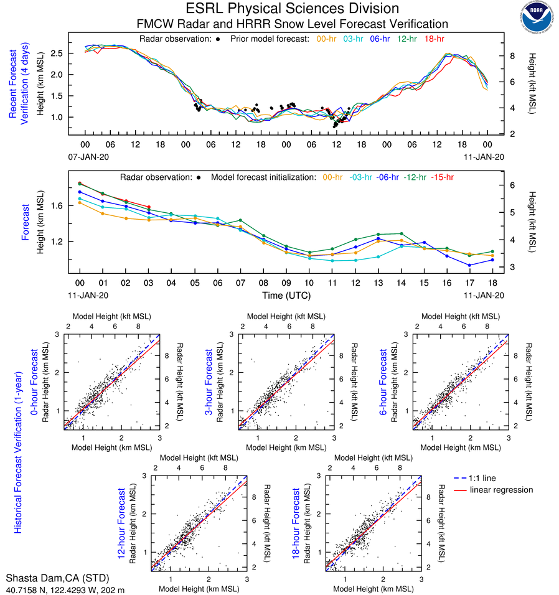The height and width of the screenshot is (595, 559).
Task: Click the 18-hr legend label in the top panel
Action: (x=434, y=39)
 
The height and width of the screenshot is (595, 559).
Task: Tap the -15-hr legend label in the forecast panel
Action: (x=443, y=177)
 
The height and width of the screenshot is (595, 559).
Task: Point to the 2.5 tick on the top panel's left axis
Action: (x=58, y=54)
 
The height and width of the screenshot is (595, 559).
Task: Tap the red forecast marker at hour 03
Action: (x=149, y=207)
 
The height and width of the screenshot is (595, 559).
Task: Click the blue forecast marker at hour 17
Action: (x=469, y=265)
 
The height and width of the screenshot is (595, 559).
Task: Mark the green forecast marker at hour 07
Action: (x=240, y=221)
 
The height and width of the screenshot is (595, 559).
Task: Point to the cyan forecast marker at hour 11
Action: (x=332, y=261)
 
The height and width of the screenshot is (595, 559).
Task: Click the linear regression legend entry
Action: (x=501, y=490)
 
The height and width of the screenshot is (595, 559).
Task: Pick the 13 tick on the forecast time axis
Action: (x=378, y=282)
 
